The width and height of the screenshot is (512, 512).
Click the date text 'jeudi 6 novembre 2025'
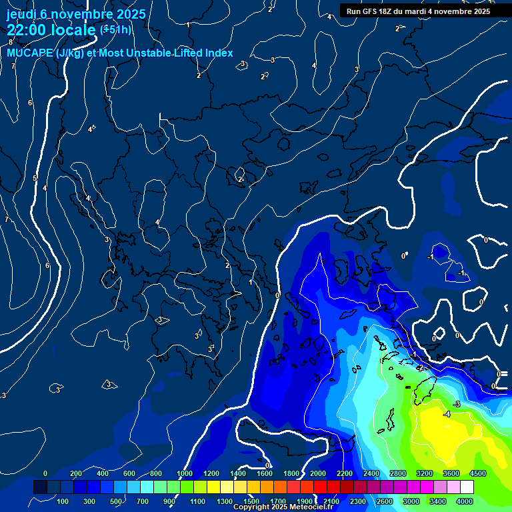[76, 14]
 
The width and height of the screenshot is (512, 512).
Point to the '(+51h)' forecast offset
[115, 29]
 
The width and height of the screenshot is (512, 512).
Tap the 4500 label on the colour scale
[477, 473]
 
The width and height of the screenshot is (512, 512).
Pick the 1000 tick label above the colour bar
[185, 473]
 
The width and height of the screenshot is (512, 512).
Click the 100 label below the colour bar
[63, 501]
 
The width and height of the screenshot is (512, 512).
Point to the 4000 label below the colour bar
[465, 501]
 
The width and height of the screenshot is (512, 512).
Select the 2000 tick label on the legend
[317, 473]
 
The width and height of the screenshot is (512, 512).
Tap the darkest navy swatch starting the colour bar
[40, 487]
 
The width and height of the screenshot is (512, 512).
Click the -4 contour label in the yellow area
[447, 414]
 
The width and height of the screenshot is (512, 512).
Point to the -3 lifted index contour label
[457, 405]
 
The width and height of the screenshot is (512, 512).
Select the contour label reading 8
[11, 42]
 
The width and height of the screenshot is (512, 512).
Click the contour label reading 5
[35, 178]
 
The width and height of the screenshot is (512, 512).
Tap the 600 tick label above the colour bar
[129, 473]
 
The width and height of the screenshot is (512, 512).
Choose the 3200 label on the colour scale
[424, 473]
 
